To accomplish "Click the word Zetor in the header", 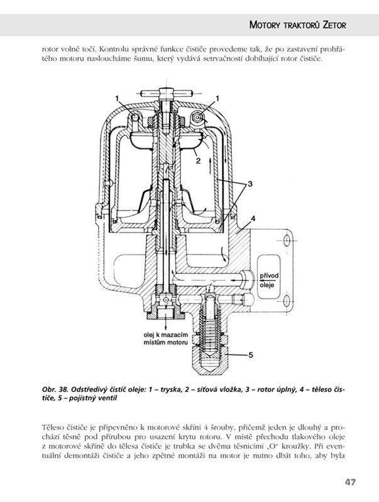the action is tap(334, 25).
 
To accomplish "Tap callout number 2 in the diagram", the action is tap(199, 161).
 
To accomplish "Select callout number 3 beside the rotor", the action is tap(250, 184).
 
